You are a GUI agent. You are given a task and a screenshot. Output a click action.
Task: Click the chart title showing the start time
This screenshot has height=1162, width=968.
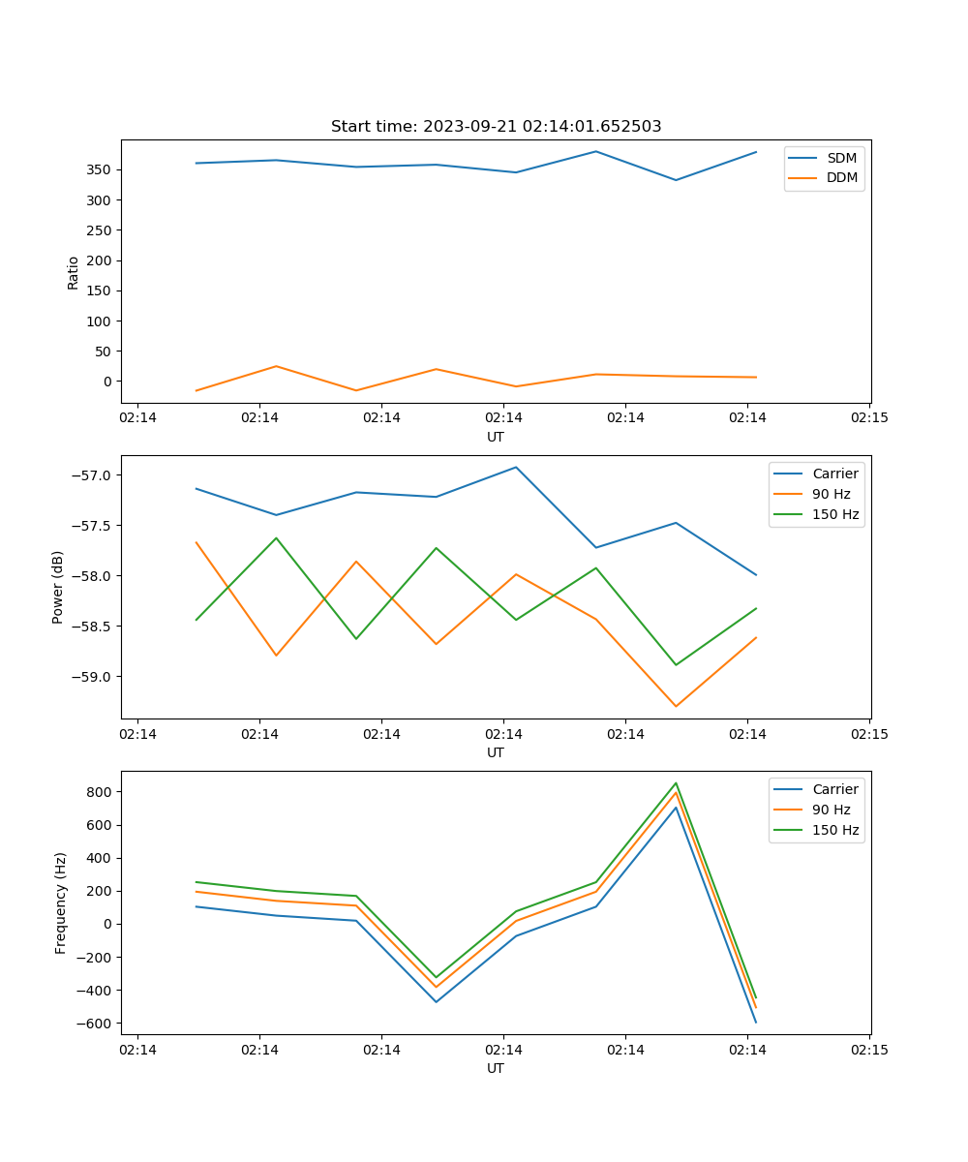coord(496,127)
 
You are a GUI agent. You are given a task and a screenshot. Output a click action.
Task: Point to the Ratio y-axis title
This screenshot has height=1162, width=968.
coord(74,272)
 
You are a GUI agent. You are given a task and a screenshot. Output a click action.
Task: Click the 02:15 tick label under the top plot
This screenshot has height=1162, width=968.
coord(868,418)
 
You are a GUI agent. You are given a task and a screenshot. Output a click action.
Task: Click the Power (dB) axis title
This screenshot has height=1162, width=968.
coord(58,587)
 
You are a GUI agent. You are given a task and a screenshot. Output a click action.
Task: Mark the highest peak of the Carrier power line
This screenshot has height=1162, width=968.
coord(516,467)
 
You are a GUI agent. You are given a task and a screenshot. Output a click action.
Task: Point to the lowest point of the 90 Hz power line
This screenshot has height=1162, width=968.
coord(676,706)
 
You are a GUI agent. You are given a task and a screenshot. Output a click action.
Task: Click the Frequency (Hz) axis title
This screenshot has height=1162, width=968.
coord(60,902)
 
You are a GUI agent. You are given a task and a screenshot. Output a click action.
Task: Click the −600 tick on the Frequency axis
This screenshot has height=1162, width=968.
coord(96,1024)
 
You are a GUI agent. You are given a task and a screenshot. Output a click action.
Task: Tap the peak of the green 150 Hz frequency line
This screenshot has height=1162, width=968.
coord(676,783)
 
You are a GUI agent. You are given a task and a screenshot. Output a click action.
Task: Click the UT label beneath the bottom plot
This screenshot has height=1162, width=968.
coord(496,1068)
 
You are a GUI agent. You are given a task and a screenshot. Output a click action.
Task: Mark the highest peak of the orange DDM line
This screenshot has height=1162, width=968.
coord(276,366)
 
